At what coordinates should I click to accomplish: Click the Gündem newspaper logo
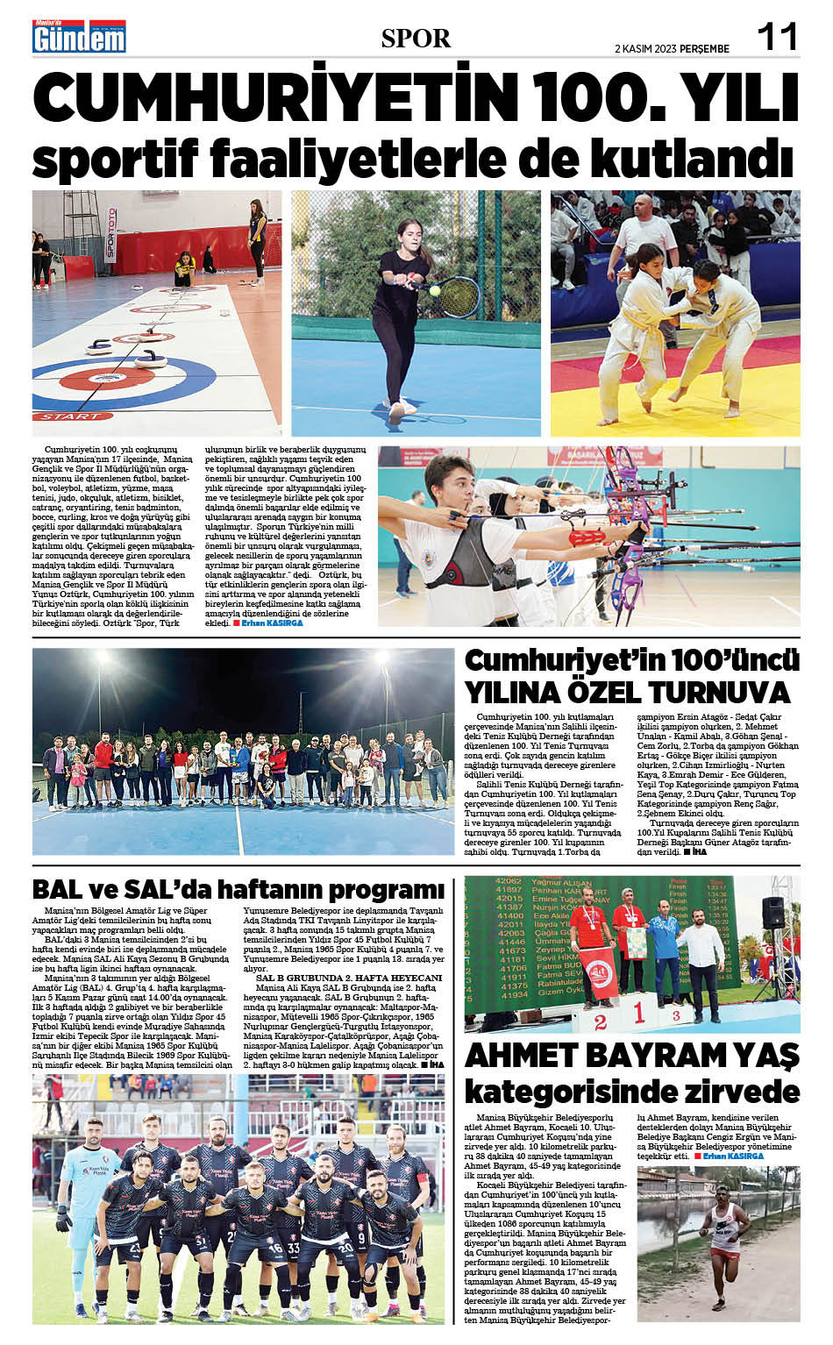79,37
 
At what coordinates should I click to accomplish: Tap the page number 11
777,38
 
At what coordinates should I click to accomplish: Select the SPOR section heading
416,39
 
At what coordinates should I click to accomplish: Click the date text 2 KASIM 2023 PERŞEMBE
673,48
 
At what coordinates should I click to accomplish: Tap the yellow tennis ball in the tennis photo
434,289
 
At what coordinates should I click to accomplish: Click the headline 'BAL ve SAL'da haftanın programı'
238,889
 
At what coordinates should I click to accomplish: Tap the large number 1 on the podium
639,1014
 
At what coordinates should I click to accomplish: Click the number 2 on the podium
600,1021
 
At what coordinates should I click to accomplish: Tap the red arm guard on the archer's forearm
587,536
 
